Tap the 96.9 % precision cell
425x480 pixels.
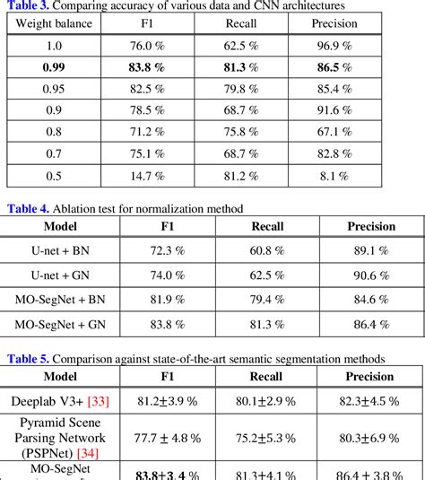click(x=334, y=43)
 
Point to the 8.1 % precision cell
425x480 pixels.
click(x=334, y=175)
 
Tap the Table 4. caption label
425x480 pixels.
click(x=30, y=208)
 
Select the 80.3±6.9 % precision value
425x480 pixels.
click(x=371, y=437)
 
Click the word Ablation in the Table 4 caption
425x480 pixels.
click(x=82, y=208)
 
